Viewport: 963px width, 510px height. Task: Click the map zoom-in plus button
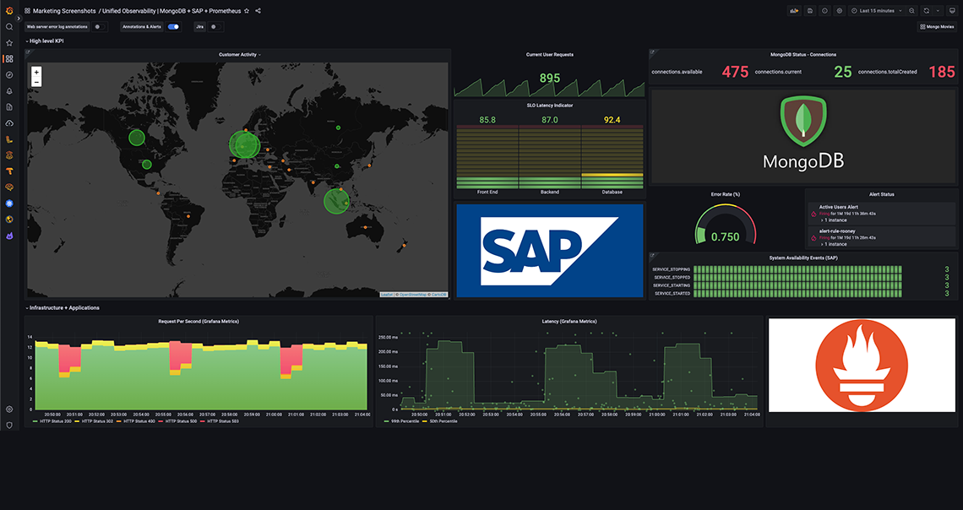pyautogui.click(x=36, y=73)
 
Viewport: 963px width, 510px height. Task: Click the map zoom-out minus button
pyautogui.click(x=36, y=83)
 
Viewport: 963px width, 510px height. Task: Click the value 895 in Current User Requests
pyautogui.click(x=550, y=79)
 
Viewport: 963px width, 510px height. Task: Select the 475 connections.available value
pyautogui.click(x=735, y=72)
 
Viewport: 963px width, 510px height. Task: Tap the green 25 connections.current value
pyautogui.click(x=843, y=72)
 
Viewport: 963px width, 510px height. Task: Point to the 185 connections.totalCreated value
pyautogui.click(x=942, y=72)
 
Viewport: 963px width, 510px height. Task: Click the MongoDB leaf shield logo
pyautogui.click(x=802, y=119)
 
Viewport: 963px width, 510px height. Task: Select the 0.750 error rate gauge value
pyautogui.click(x=725, y=237)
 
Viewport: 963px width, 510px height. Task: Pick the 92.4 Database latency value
pyautogui.click(x=612, y=120)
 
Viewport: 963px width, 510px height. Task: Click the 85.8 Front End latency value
pyautogui.click(x=487, y=120)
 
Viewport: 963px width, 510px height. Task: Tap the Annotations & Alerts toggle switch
pyautogui.click(x=173, y=27)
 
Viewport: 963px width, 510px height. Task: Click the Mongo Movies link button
pyautogui.click(x=937, y=27)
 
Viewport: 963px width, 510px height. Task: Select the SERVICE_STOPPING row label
pyautogui.click(x=672, y=269)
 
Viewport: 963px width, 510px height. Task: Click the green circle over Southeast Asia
pyautogui.click(x=336, y=200)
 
